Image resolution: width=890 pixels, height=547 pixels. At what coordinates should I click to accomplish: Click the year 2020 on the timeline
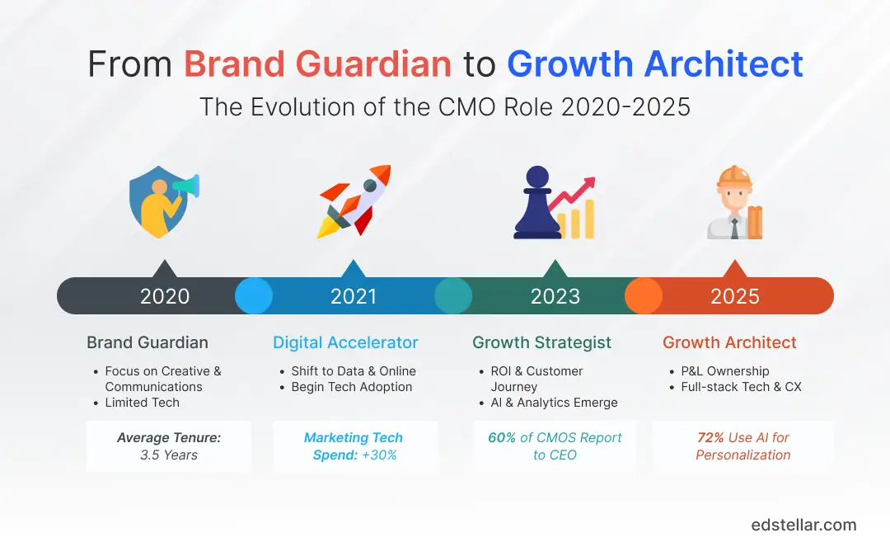(x=165, y=296)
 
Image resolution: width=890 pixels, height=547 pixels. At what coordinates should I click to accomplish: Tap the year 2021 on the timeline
(x=354, y=296)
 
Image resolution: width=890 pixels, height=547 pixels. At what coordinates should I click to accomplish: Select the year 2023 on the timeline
(x=555, y=296)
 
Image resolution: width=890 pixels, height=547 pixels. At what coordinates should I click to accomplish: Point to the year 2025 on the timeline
(x=735, y=296)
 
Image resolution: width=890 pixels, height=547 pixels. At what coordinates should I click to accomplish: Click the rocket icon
(x=353, y=202)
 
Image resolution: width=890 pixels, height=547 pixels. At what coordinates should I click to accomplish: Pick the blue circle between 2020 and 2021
(x=254, y=295)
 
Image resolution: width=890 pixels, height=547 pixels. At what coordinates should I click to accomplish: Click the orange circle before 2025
(x=644, y=295)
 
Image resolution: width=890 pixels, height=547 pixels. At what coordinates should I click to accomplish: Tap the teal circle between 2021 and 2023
(x=453, y=295)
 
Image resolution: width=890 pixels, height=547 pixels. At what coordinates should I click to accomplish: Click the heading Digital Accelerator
(x=345, y=342)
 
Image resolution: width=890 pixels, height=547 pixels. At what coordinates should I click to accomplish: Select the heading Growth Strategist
(x=541, y=342)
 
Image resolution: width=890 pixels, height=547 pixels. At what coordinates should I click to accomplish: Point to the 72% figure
(x=711, y=437)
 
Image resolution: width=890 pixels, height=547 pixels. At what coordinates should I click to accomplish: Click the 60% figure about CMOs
(x=502, y=437)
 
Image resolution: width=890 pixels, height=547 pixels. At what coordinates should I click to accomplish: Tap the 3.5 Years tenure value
(x=168, y=455)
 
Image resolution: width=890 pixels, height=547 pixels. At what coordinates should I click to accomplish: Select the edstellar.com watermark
(x=803, y=525)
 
